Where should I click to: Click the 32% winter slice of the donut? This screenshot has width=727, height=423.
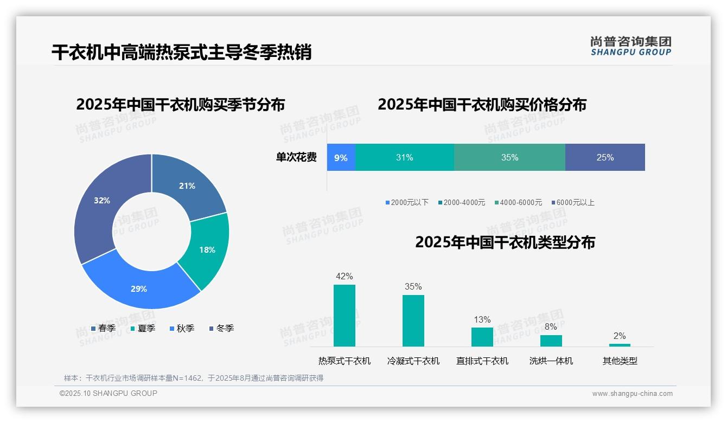tap(100, 206)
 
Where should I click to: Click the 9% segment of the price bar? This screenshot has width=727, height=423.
tap(341, 158)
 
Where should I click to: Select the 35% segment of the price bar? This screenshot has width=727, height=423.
tap(509, 158)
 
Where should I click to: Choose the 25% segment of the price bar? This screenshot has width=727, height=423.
tap(605, 158)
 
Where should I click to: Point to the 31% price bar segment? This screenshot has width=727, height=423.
tap(404, 158)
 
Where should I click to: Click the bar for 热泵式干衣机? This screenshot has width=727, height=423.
tap(345, 316)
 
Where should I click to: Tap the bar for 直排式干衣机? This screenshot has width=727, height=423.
tap(482, 337)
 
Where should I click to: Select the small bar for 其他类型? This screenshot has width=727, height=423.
tap(620, 345)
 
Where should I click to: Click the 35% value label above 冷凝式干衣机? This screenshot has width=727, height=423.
tap(413, 286)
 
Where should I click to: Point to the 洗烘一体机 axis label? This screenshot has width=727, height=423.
tap(551, 361)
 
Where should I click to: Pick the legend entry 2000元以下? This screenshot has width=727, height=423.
tap(407, 203)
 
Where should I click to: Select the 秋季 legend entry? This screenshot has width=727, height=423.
tap(182, 329)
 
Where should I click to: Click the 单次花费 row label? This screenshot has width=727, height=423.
tap(296, 158)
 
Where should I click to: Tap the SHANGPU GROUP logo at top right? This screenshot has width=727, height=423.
tap(630, 46)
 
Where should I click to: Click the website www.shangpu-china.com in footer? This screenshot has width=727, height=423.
tap(632, 394)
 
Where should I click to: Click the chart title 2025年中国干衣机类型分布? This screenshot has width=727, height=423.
tap(505, 242)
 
